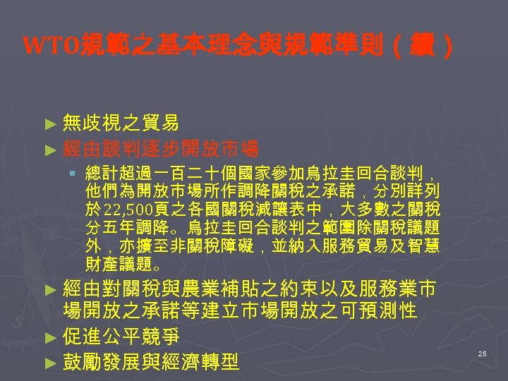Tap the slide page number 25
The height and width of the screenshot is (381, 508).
point(482,353)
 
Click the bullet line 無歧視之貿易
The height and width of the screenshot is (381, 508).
point(120,123)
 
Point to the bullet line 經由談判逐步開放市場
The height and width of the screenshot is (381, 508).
point(160,149)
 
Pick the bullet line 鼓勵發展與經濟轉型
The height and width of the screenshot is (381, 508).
point(150,362)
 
